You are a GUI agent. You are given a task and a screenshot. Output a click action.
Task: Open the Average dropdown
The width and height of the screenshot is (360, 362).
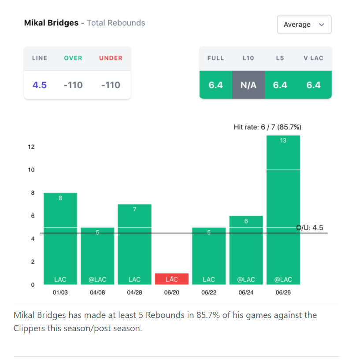[304, 25]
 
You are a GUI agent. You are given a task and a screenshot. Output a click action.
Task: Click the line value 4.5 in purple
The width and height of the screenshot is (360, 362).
[40, 85]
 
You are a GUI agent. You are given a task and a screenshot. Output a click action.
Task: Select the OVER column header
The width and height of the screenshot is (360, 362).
[73, 58]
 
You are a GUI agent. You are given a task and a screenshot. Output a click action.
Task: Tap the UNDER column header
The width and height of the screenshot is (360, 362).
[111, 58]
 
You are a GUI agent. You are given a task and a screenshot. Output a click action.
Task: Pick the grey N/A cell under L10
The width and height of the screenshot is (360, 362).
[248, 85]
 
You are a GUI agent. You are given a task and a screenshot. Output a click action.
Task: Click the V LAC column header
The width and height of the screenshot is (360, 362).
[313, 58]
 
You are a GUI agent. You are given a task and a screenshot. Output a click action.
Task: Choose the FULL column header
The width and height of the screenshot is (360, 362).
[215, 58]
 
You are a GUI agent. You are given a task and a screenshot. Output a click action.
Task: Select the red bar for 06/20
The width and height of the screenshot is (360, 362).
[172, 279]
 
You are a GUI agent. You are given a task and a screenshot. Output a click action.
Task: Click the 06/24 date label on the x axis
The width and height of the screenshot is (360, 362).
[246, 293]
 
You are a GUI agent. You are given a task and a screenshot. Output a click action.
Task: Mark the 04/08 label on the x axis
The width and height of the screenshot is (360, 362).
[97, 293]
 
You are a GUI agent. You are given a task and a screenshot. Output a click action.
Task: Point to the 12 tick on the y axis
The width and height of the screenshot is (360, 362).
[32, 147]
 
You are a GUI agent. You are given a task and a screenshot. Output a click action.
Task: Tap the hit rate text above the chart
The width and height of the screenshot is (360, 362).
[267, 127]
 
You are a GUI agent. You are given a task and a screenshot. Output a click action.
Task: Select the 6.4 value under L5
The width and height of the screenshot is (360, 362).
[280, 85]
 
